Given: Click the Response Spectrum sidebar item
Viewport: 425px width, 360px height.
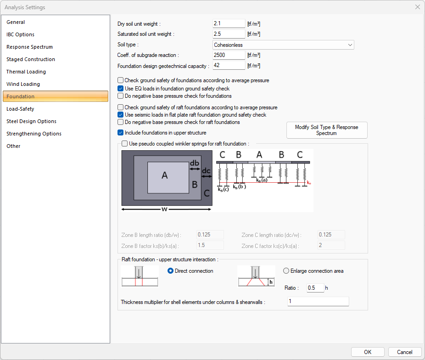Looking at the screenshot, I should click(x=29, y=47).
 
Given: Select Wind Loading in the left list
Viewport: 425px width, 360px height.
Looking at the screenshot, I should click(x=23, y=84).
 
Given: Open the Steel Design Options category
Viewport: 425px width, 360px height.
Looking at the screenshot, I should click(x=31, y=121).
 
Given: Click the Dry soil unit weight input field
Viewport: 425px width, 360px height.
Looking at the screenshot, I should click(x=229, y=23).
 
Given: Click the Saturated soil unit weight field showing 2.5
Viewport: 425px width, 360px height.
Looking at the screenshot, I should click(x=229, y=34).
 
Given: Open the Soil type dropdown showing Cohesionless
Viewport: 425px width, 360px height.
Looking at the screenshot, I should click(x=283, y=45).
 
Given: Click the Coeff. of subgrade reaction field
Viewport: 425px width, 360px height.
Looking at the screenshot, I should click(x=229, y=55).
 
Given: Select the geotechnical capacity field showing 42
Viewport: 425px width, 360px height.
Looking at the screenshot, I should click(x=229, y=66).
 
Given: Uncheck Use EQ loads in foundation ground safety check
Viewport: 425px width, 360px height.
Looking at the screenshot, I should click(x=121, y=89).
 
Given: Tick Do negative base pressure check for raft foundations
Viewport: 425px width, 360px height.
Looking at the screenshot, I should click(x=121, y=122).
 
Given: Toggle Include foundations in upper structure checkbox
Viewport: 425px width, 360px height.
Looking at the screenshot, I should click(x=121, y=133).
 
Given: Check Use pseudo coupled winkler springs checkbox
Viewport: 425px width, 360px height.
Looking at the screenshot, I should click(x=125, y=144).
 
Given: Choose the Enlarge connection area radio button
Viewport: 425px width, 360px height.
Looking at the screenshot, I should click(x=286, y=271).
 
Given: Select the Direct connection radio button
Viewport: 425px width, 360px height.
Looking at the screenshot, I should click(x=171, y=271).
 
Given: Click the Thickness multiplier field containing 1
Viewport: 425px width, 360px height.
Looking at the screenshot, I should click(x=318, y=302).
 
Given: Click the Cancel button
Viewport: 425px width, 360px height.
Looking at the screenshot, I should click(x=404, y=352).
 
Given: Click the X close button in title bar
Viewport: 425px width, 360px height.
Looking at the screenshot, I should click(x=417, y=7).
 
